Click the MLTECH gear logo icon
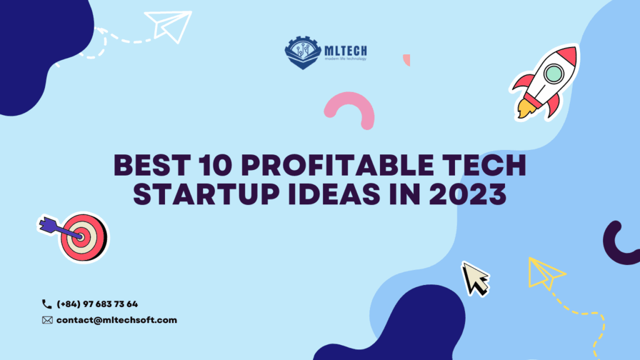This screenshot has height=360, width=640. coord(302,52)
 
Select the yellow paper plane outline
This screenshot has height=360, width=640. coord(546,273)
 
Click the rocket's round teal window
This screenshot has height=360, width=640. coord(554,74)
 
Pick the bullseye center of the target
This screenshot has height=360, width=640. coord(81,237)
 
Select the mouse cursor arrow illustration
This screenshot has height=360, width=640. coord(474,277)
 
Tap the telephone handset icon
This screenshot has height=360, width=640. coord(47,304)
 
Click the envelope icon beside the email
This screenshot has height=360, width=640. coord(47,320)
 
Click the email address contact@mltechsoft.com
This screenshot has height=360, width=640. coord(116,320)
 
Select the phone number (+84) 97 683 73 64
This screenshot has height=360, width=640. coord(97,304)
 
